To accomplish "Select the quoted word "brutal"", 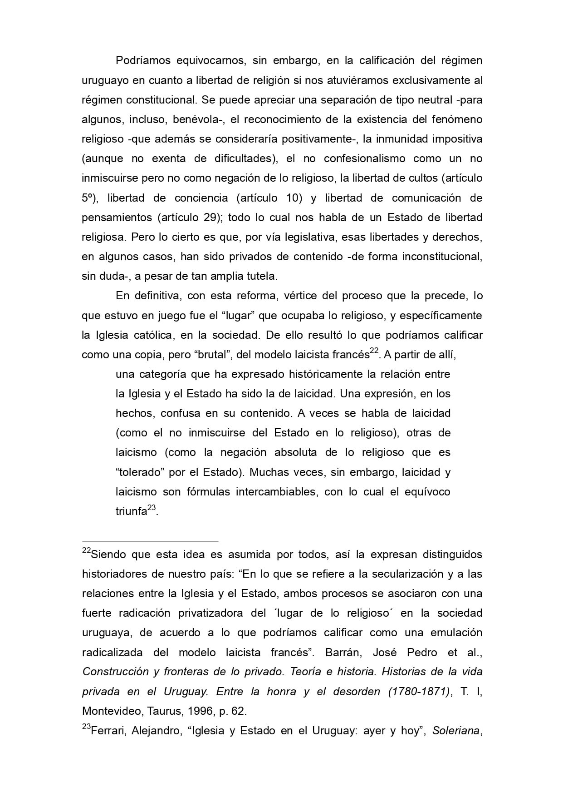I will tap(213, 355).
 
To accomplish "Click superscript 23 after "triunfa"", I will tap(152, 507).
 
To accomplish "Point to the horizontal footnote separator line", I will tap(150, 541).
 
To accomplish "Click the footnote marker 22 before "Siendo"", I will tap(86, 550).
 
